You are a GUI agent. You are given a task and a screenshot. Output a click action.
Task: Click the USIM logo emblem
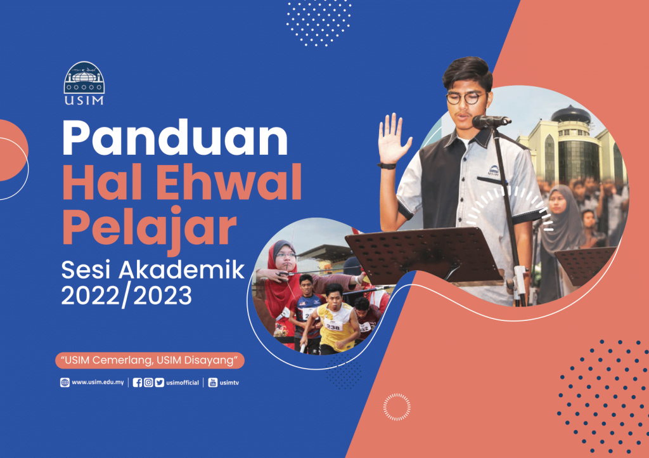pos(84,83)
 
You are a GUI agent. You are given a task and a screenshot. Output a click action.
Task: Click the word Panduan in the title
pos(175,138)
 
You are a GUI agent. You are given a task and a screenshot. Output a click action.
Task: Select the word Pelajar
pos(149,227)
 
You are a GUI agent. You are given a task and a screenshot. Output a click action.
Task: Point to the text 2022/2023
pos(127,296)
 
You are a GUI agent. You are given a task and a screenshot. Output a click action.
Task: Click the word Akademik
pos(182,270)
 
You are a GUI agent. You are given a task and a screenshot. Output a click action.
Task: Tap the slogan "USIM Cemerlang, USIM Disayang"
pos(150,360)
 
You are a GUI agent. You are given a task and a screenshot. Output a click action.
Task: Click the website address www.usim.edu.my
pos(98,383)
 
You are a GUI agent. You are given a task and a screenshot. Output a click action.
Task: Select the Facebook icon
pos(138,383)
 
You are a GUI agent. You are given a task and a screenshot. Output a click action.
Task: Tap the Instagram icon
pos(148,383)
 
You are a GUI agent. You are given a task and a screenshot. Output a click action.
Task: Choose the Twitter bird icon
pos(159,383)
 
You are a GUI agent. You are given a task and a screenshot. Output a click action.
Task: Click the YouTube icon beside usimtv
pos(213,383)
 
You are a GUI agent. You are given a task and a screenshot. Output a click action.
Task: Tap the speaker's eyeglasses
pos(466,98)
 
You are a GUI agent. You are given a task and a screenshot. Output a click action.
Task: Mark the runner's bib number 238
pos(333,327)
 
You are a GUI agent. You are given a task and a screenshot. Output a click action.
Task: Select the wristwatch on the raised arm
pos(387,166)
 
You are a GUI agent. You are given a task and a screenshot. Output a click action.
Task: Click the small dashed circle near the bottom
pos(397,407)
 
